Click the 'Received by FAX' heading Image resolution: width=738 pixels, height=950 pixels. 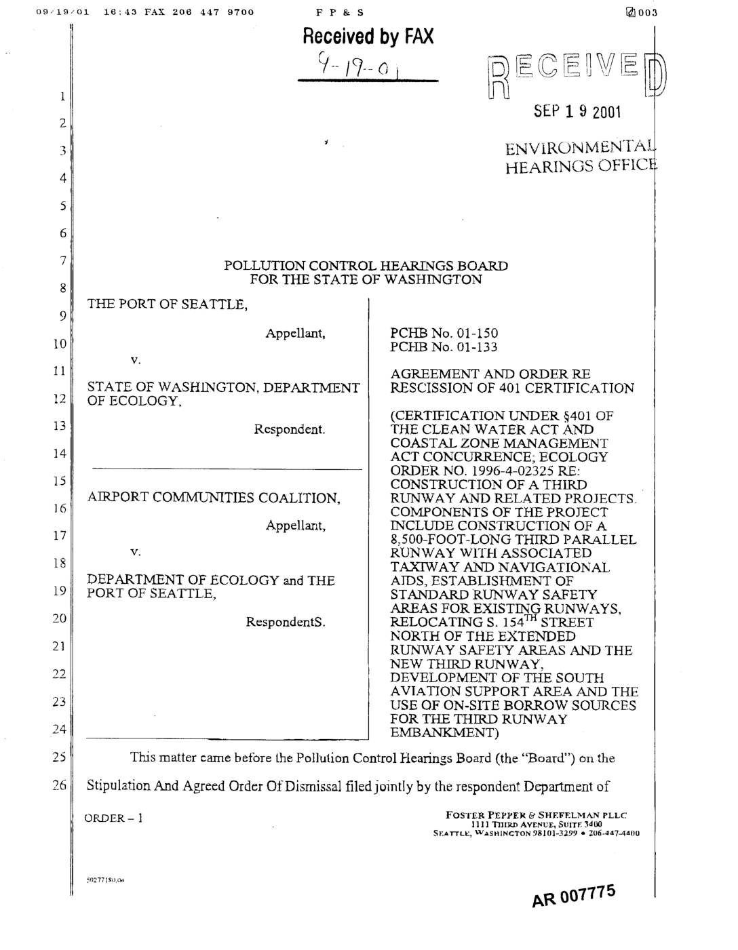coord(368,36)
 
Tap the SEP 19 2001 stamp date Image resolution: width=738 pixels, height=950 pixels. coord(577,111)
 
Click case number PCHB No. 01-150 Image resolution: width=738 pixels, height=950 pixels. coord(444,333)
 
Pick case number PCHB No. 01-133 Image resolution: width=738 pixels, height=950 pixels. coord(444,347)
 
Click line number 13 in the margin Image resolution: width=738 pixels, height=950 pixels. coord(60,426)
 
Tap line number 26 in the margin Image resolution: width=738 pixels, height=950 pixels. coord(60,785)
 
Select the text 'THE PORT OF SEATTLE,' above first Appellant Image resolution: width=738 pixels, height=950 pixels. coord(168,304)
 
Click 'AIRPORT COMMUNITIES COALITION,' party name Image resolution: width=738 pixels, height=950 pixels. coord(214,498)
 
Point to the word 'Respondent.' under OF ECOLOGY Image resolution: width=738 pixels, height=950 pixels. coord(289,429)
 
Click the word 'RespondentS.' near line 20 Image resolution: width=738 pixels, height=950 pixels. coord(285,622)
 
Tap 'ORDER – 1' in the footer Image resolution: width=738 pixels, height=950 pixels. coord(113,818)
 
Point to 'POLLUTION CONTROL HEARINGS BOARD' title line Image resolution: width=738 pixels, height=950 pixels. coord(366,266)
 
